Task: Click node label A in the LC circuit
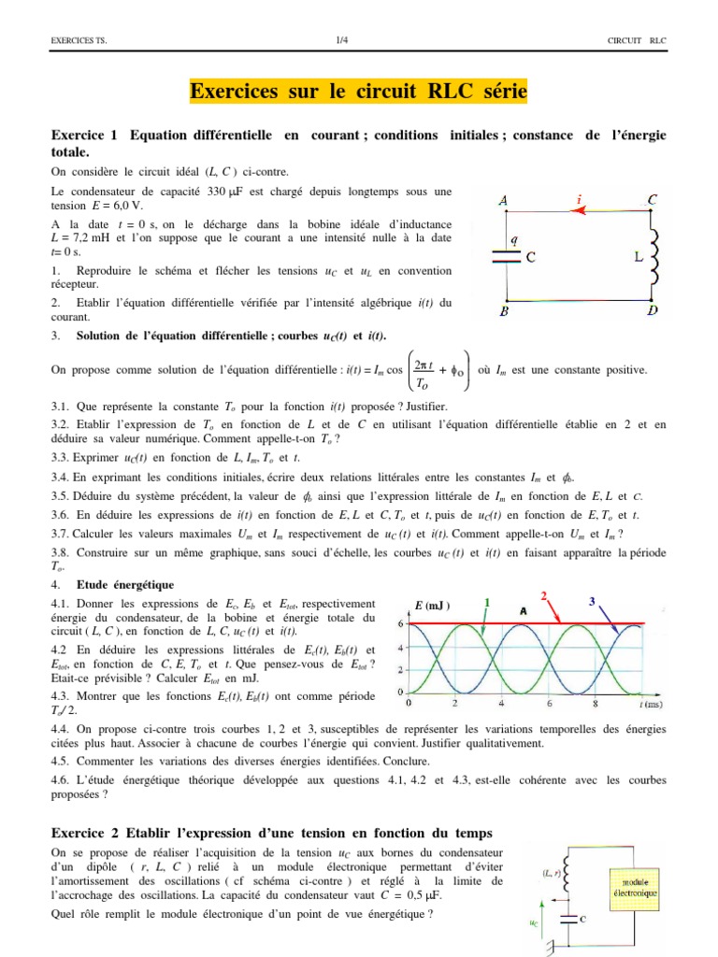(x=504, y=201)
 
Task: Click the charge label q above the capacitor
(x=514, y=238)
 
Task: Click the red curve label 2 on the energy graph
(x=544, y=595)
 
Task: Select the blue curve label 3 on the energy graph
(x=592, y=603)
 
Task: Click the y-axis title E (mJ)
(x=432, y=607)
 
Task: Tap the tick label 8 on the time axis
(x=596, y=703)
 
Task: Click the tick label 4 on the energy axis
(x=401, y=648)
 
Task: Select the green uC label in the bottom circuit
(x=535, y=922)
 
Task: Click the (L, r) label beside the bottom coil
(x=553, y=873)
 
